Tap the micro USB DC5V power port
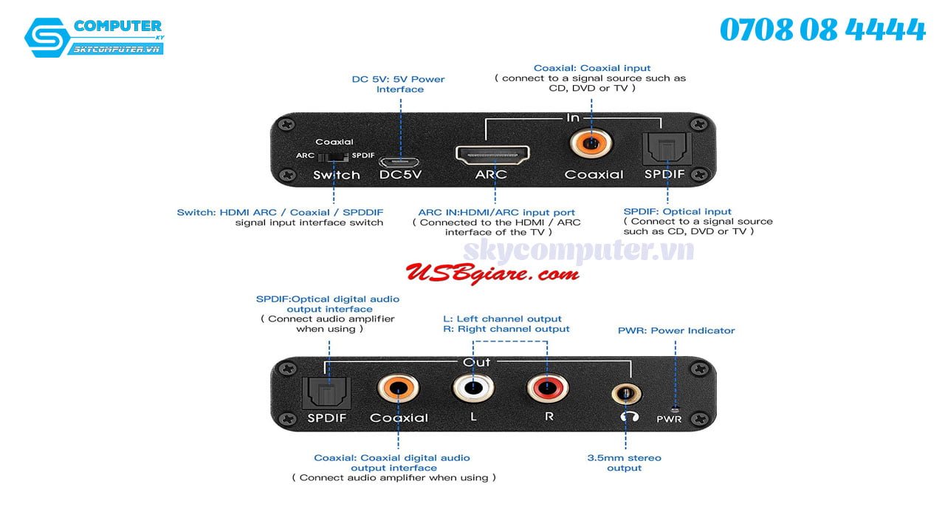click(399, 161)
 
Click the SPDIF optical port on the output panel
click(327, 392)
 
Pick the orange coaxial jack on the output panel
click(397, 388)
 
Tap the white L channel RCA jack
click(473, 388)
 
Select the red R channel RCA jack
click(547, 388)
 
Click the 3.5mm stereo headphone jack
click(625, 391)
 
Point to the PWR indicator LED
click(674, 407)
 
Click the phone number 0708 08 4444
click(822, 30)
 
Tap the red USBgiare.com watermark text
click(492, 273)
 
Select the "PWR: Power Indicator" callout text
click(676, 330)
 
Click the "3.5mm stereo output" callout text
click(624, 463)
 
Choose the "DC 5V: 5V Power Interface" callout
click(399, 84)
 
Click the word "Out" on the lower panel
click(476, 362)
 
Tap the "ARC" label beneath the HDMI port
click(491, 174)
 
